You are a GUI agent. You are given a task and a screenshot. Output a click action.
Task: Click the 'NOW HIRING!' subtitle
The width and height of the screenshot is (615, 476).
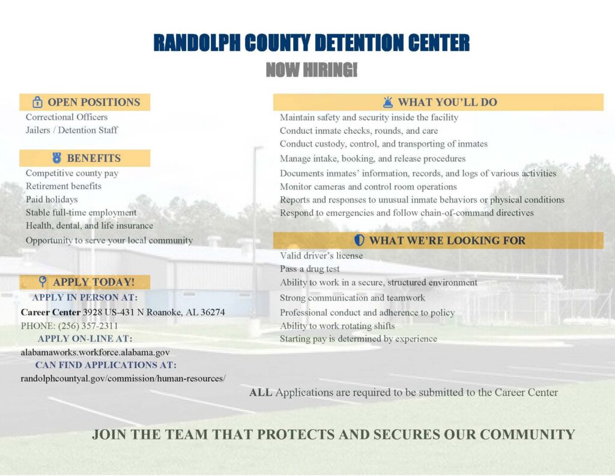click(312, 70)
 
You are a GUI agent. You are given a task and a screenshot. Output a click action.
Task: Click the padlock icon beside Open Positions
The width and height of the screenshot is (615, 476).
click(37, 102)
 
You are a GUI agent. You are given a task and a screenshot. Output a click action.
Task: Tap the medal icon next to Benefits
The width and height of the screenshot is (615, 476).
click(57, 158)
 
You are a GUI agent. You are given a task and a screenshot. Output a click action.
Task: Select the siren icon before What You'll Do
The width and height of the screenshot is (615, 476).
click(388, 102)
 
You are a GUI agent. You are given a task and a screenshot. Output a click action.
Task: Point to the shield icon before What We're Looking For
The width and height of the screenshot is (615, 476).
click(359, 240)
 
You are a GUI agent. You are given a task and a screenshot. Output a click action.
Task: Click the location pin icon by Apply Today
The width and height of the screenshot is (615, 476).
click(43, 281)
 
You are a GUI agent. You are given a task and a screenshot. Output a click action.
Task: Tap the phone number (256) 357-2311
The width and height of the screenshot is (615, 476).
click(88, 326)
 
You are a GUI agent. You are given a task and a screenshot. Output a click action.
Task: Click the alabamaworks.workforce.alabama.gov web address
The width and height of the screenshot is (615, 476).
click(95, 352)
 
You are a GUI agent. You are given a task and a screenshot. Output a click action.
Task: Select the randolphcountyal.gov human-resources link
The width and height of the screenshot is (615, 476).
click(123, 378)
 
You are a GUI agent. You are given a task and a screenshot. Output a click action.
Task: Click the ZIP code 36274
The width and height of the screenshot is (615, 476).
click(213, 312)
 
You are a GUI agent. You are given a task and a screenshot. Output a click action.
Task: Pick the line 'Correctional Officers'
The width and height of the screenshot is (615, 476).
click(67, 117)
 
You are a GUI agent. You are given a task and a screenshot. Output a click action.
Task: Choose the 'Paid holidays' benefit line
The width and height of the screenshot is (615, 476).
click(52, 199)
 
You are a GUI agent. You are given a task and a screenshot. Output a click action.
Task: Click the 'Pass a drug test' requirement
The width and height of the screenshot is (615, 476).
click(309, 268)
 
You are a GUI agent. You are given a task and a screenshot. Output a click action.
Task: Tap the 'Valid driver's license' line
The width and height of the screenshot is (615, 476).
click(321, 256)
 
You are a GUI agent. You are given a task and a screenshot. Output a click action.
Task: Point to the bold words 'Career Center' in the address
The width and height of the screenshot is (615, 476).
click(50, 312)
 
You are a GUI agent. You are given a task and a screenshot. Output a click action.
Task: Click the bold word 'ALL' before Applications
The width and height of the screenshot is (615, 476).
click(261, 392)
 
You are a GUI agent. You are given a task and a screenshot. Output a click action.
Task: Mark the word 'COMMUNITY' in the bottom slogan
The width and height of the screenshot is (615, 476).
click(527, 435)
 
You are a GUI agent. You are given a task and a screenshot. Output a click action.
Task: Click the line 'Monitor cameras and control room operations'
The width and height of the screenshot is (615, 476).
click(368, 187)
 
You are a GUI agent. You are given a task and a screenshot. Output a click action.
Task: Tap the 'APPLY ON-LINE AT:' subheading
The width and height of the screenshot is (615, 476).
click(85, 339)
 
